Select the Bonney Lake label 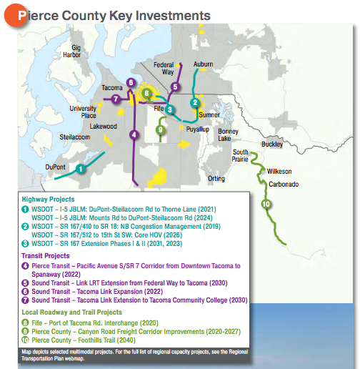(229, 135)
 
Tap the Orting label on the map (216, 178)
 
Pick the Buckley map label (272, 144)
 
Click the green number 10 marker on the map (266, 204)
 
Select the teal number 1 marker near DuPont (81, 169)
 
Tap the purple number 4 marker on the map (134, 134)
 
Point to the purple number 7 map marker (116, 99)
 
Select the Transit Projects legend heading (46, 255)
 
